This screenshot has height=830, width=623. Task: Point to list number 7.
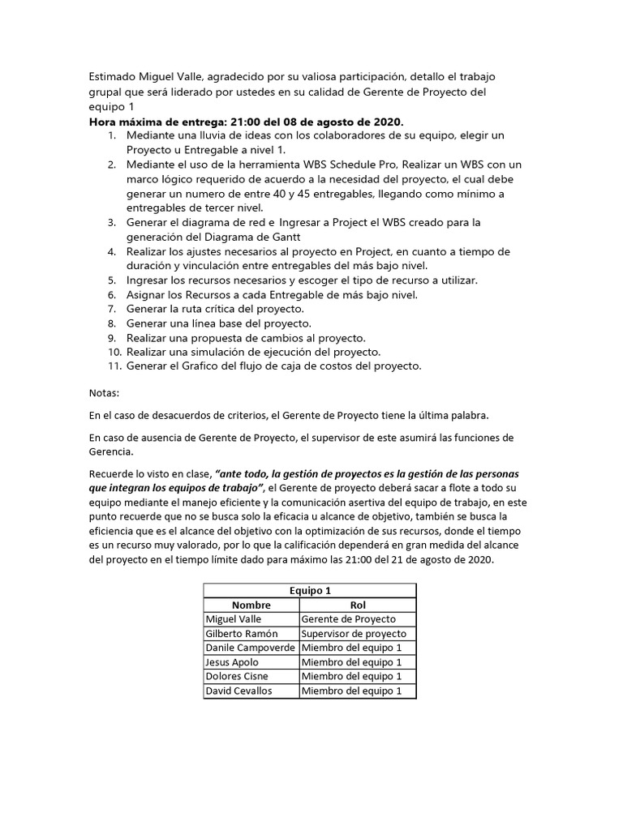(112, 310)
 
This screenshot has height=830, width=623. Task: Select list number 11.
(114, 366)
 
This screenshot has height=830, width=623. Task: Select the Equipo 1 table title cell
(309, 591)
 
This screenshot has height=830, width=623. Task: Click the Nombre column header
(251, 605)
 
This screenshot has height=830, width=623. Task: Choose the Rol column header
(358, 605)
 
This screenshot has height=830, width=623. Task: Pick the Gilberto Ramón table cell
(242, 634)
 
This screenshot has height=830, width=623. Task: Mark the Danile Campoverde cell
(251, 648)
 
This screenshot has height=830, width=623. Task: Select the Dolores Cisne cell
(237, 676)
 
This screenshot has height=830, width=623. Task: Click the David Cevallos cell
(239, 691)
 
